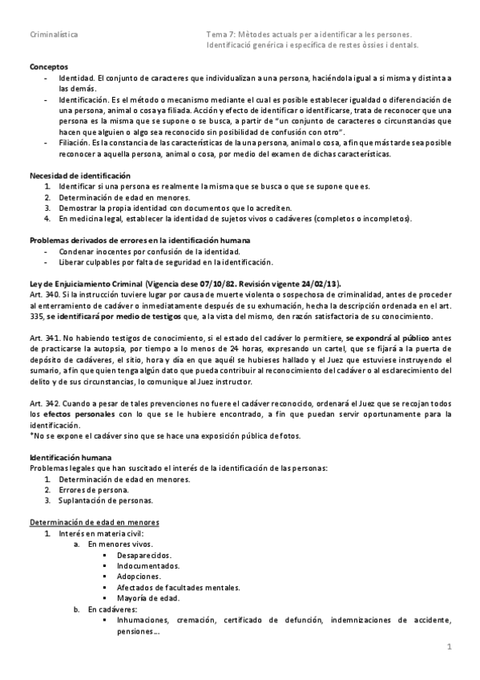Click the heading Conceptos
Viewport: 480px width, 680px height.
point(49,67)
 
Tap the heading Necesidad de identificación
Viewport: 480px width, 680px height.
point(79,175)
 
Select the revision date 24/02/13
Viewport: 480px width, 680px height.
point(318,284)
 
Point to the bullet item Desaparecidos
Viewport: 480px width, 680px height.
point(145,555)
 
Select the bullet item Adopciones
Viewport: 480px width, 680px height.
point(138,577)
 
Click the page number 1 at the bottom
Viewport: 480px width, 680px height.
point(450,646)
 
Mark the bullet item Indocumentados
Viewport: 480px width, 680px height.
point(147,565)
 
